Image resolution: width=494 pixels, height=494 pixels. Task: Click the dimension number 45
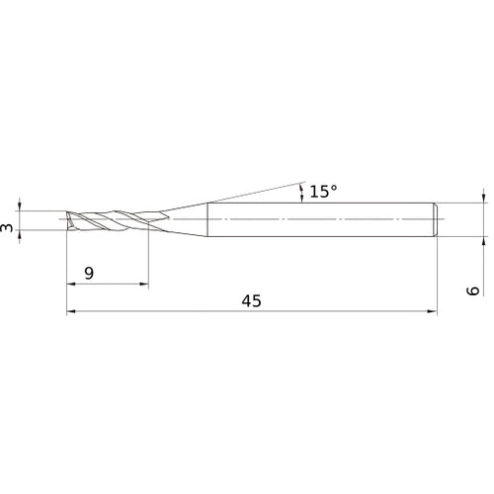pyautogui.click(x=251, y=301)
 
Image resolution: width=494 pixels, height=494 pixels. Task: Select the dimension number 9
pyautogui.click(x=89, y=274)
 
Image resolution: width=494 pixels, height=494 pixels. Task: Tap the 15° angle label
pyautogui.click(x=322, y=192)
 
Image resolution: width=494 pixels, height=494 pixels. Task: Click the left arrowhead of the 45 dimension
pyautogui.click(x=71, y=313)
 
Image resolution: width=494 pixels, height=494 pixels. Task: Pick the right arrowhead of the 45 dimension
pyautogui.click(x=431, y=313)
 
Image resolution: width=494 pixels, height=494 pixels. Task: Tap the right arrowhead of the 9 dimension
pyautogui.click(x=144, y=286)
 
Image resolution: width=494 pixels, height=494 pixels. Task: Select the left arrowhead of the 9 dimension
pyautogui.click(x=71, y=286)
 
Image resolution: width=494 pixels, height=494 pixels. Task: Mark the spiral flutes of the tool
pyautogui.click(x=109, y=220)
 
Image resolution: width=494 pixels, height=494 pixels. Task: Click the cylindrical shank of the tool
pyautogui.click(x=316, y=219)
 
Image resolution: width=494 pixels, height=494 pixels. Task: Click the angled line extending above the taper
pyautogui.click(x=247, y=194)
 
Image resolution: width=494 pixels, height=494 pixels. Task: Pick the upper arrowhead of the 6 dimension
pyautogui.click(x=484, y=198)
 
